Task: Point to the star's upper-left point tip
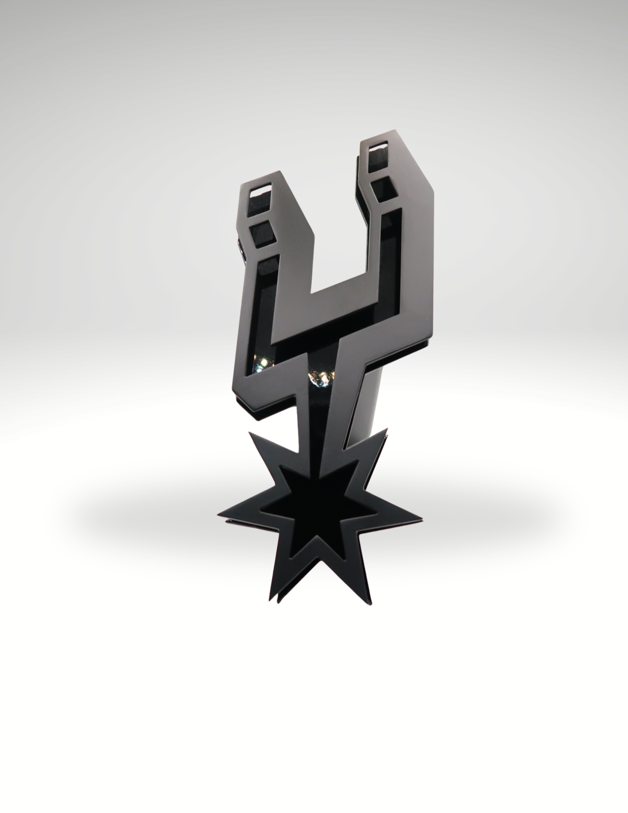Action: pyautogui.click(x=249, y=432)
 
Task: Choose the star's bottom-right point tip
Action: pyautogui.click(x=371, y=604)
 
